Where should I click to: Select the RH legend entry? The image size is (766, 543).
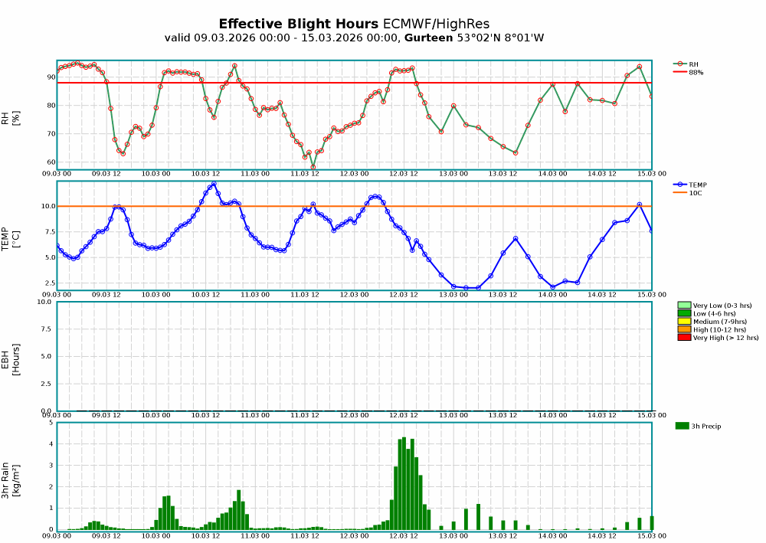693,64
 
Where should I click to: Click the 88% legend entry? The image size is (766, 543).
696,72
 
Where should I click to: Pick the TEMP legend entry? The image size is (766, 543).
698,185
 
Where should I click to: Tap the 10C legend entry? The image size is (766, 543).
695,193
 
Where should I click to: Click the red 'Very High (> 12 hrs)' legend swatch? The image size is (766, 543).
684,337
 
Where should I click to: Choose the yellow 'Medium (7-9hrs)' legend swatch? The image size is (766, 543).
684,321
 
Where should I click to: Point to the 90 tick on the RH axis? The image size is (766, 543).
51,77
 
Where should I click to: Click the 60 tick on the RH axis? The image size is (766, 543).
51,162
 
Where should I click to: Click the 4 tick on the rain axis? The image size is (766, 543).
51,443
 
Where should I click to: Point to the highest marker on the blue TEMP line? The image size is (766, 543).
214,184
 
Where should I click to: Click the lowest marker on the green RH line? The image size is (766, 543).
313,167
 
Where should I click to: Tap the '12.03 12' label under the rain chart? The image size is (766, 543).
403,536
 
